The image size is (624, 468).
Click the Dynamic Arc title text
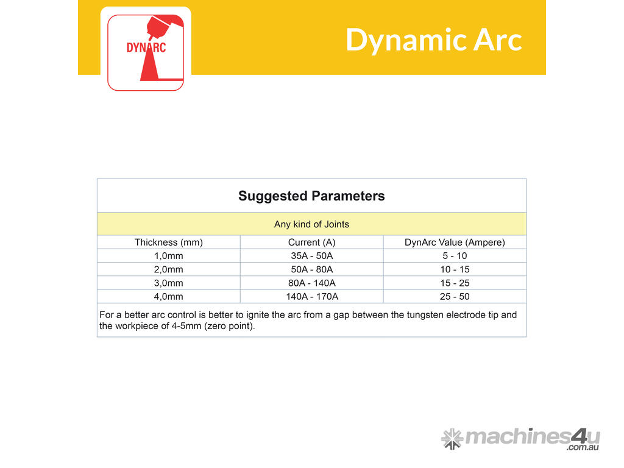point(434,40)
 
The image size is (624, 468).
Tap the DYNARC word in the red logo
point(146,48)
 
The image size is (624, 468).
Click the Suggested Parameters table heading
point(311,196)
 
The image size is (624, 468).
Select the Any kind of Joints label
point(311,224)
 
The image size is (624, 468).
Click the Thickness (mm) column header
point(169,243)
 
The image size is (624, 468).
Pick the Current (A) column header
point(312,243)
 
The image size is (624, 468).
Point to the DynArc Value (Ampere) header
point(455,243)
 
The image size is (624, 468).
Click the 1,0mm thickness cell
point(169,256)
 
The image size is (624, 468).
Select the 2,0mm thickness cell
point(169,269)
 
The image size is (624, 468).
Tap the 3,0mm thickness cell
point(169,283)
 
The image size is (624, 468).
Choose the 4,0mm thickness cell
point(169,297)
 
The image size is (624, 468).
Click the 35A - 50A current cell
point(312,256)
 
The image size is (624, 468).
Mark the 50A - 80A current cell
point(312,269)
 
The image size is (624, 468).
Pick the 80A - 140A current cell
point(312,283)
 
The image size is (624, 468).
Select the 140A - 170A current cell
point(312,297)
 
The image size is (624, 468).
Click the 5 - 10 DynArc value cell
point(455,256)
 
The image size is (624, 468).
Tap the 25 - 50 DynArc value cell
point(455,297)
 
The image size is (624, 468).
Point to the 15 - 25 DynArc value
point(455,283)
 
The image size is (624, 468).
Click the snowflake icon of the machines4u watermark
point(452,439)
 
